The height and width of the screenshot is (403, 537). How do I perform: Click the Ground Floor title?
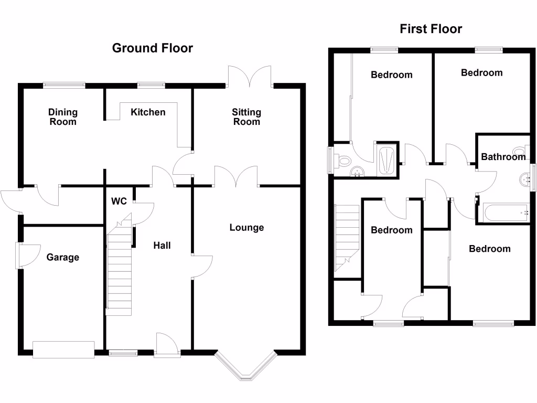click(x=153, y=48)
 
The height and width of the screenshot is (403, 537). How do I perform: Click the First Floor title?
click(x=431, y=29)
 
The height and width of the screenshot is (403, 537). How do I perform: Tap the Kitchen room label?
click(x=148, y=112)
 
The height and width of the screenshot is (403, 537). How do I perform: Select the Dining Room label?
click(x=63, y=117)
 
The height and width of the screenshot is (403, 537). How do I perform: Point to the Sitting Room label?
click(x=246, y=117)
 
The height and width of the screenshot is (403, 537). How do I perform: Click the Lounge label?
click(x=246, y=228)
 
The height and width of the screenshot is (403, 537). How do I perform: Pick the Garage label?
click(x=63, y=257)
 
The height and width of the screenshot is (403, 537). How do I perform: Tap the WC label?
click(x=119, y=201)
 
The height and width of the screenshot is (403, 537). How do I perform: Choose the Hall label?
click(x=162, y=245)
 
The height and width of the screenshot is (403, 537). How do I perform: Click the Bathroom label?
click(x=503, y=156)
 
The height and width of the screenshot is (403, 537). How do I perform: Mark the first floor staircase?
click(x=346, y=239)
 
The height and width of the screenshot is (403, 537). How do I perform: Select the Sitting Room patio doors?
click(x=250, y=76)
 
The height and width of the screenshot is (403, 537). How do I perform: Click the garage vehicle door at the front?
click(x=63, y=349)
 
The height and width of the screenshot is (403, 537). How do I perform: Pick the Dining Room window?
click(x=64, y=83)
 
